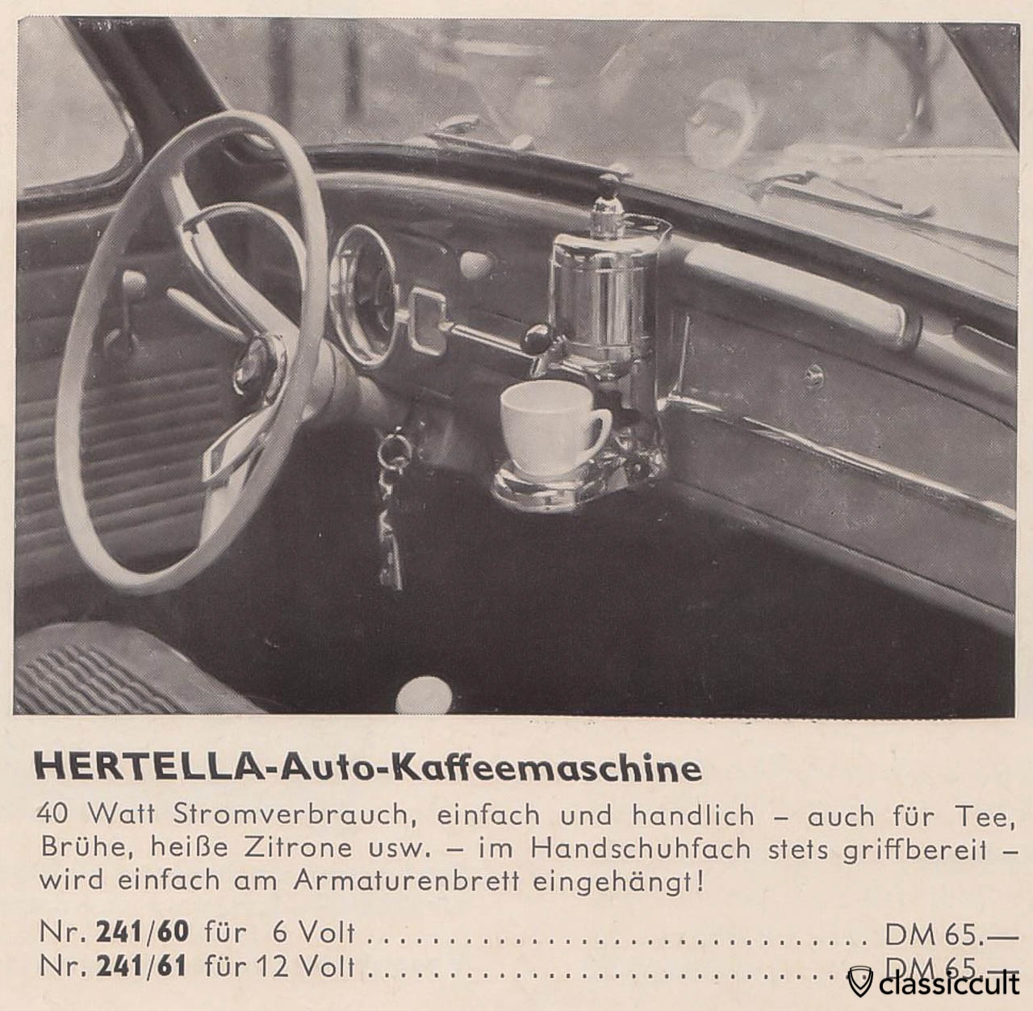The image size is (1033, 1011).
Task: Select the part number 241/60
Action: coord(142,932)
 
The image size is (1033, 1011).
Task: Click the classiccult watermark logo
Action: coord(928,984)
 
